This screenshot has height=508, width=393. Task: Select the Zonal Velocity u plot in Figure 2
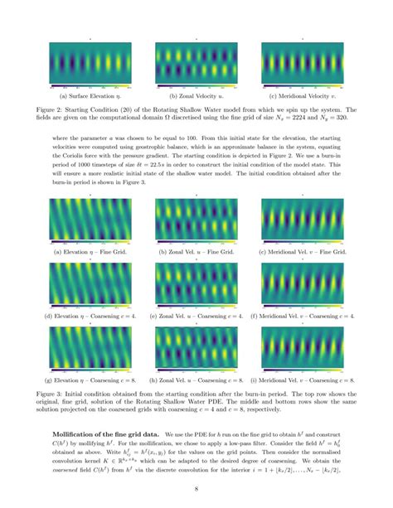pos(196,62)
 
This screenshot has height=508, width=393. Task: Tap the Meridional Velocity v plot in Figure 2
pos(303,62)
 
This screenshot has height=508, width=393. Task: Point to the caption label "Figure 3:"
pos(66,386)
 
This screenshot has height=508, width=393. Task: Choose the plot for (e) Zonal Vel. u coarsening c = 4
pos(196,284)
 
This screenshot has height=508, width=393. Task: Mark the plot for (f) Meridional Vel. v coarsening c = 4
pos(303,284)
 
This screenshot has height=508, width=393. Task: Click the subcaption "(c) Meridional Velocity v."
pos(303,96)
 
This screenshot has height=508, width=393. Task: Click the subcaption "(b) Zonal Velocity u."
pos(196,96)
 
